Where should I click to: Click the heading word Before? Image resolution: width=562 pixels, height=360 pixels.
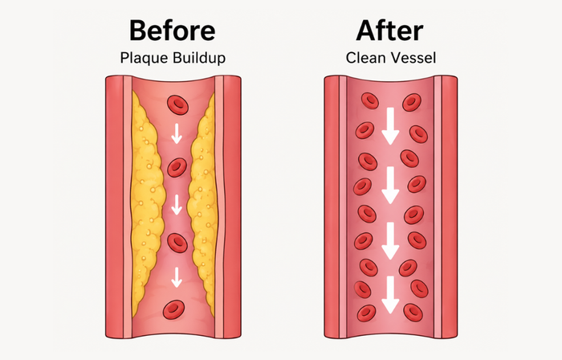pyautogui.click(x=172, y=31)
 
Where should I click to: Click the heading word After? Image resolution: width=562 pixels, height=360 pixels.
pyautogui.click(x=390, y=31)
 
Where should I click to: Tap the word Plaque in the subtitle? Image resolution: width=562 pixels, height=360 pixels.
pyautogui.click(x=145, y=58)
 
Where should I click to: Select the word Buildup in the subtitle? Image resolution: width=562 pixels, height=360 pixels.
pyautogui.click(x=199, y=58)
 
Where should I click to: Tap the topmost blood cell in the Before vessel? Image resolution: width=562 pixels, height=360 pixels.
pyautogui.click(x=177, y=104)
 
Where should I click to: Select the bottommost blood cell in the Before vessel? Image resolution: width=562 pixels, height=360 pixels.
pyautogui.click(x=174, y=310)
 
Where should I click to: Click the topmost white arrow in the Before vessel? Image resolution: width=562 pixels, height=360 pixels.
pyautogui.click(x=177, y=133)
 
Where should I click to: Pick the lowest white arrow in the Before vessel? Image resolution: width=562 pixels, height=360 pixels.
pyautogui.click(x=177, y=277)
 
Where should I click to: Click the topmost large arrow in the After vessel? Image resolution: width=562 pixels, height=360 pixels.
pyautogui.click(x=390, y=126)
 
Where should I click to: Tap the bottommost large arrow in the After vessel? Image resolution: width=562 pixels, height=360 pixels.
pyautogui.click(x=390, y=295)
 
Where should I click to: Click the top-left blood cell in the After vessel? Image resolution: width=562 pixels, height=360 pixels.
pyautogui.click(x=370, y=100)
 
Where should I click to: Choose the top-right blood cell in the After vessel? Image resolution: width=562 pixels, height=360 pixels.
pyautogui.click(x=412, y=102)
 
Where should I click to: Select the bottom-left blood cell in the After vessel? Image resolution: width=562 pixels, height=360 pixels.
pyautogui.click(x=367, y=313)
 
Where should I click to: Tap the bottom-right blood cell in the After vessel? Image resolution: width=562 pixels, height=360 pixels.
pyautogui.click(x=413, y=313)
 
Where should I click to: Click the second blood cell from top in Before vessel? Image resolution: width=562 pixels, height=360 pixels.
pyautogui.click(x=177, y=167)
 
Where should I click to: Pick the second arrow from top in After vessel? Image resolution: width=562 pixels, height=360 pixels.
pyautogui.click(x=390, y=186)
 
